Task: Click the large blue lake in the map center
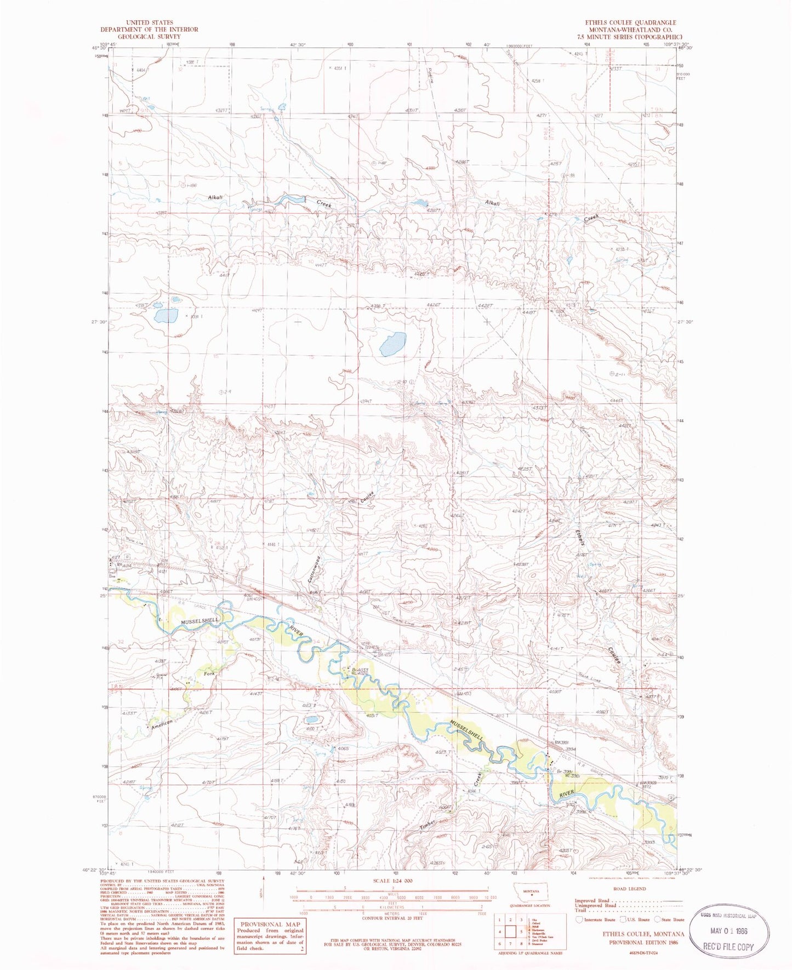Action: tap(393, 344)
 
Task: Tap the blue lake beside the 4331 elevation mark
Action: tap(166, 316)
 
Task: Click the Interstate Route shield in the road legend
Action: tap(579, 919)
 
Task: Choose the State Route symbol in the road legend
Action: tap(658, 919)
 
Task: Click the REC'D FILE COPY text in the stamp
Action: tap(730, 946)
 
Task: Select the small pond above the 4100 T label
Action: tap(310, 720)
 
